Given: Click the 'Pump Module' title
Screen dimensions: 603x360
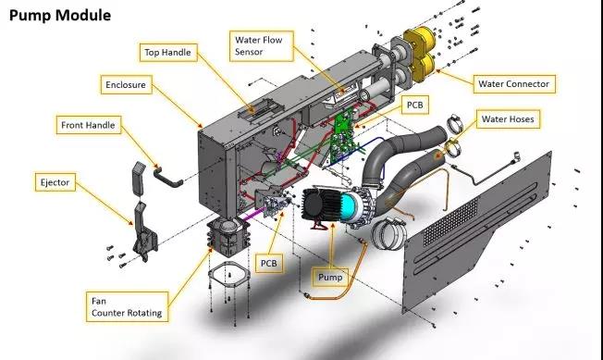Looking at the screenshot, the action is point(60,16).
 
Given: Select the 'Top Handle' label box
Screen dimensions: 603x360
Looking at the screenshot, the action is point(168,53).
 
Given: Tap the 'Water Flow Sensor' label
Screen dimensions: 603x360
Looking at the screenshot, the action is point(262,45).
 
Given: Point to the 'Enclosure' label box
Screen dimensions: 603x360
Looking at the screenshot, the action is point(126,84).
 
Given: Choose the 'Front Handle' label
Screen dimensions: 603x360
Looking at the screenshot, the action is point(89,125).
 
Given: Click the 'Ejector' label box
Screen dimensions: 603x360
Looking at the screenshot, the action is point(55,182).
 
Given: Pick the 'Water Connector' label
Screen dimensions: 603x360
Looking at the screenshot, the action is point(514,84).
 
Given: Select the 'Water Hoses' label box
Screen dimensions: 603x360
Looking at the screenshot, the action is point(508,119).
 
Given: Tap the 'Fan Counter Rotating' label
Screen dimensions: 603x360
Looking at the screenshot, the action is point(127,306).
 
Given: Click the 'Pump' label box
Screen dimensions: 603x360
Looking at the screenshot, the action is point(330,278).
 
